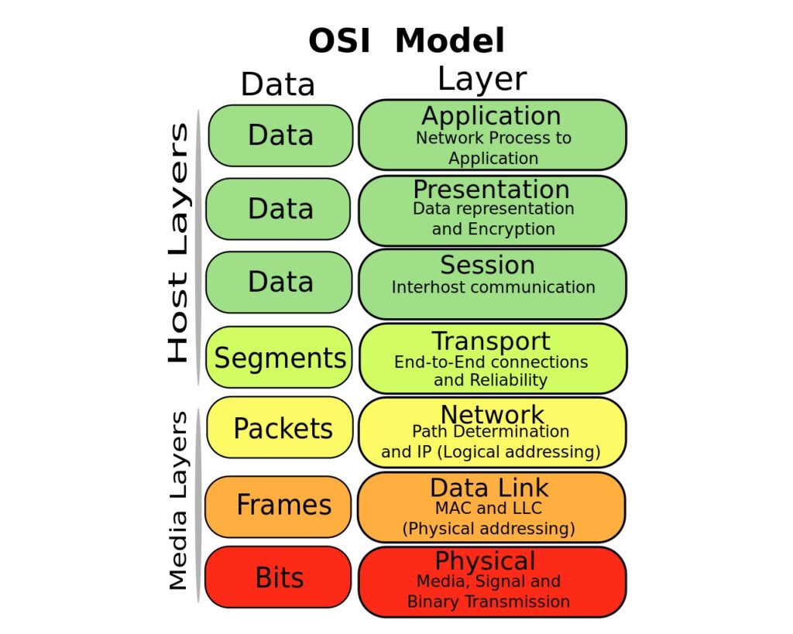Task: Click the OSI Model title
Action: [x=407, y=40]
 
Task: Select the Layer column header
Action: [x=482, y=79]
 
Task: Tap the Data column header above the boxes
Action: [x=278, y=84]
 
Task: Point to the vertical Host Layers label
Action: [x=178, y=243]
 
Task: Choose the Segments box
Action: [x=280, y=358]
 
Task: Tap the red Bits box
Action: [x=280, y=578]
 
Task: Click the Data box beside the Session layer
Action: [x=280, y=282]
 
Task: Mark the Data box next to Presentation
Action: [x=280, y=209]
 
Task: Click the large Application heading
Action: [x=491, y=116]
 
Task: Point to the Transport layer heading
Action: [x=491, y=341]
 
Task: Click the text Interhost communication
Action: [x=493, y=287]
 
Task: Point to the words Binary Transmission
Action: [x=489, y=601]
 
